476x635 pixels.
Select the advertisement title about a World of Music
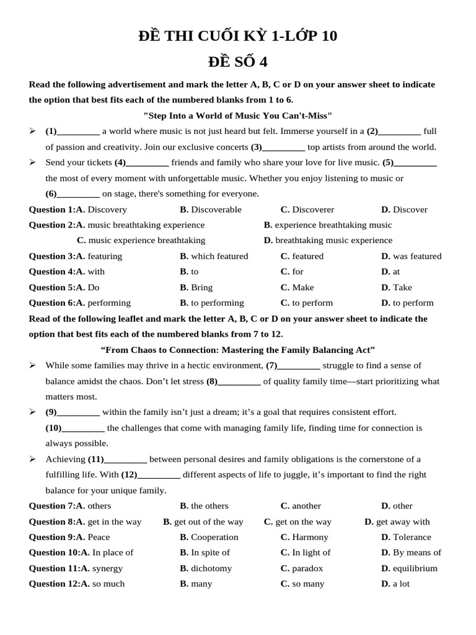pos(238,115)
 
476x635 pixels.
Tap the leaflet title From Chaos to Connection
pos(238,350)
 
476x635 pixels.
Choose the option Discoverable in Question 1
pos(211,210)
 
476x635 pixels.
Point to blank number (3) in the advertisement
pos(278,147)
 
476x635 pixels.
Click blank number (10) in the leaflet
pos(75,428)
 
